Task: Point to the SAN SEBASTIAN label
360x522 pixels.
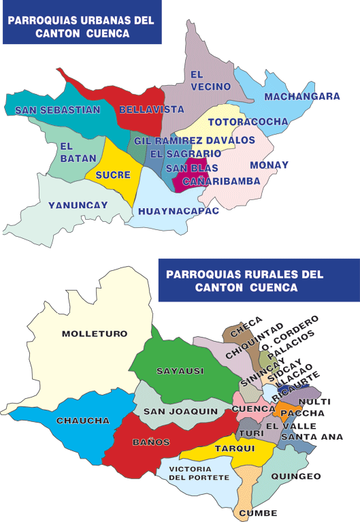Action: pos(57,110)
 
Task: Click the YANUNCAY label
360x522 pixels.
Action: pos(68,205)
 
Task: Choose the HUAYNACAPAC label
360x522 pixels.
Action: pos(178,211)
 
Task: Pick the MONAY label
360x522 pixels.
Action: pos(269,165)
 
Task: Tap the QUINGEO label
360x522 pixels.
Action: pos(295,476)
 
